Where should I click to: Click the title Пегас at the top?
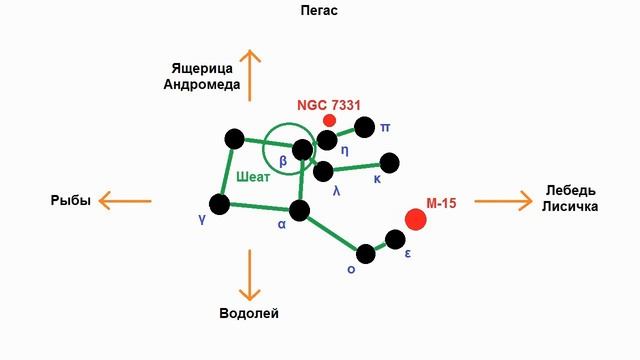tap(319, 11)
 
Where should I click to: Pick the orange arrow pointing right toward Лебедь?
tap(505, 200)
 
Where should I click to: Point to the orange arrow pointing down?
tap(249, 275)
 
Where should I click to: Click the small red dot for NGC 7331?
tap(329, 120)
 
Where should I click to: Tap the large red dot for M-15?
tap(416, 219)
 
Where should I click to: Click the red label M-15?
tap(441, 202)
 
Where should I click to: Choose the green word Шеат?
tap(253, 177)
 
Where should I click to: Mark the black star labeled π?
tap(365, 127)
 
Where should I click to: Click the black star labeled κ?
tap(390, 162)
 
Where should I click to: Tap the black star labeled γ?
tap(220, 204)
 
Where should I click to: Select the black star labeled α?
tap(298, 210)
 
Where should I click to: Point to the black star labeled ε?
tap(395, 239)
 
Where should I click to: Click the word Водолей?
tap(249, 313)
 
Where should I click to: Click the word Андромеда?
tap(202, 84)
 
